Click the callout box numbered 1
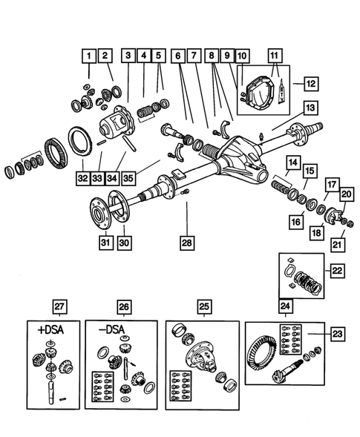[x=88, y=55]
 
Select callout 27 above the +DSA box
[x=58, y=305]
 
